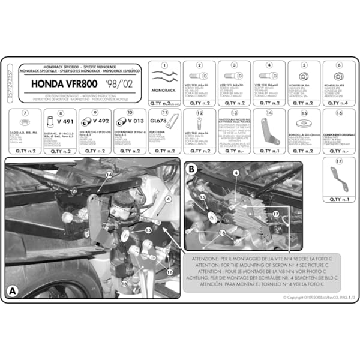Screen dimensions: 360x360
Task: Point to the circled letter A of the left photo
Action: (13, 291)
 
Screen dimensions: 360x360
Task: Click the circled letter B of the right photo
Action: (192, 170)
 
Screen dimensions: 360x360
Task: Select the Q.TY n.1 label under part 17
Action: (339, 200)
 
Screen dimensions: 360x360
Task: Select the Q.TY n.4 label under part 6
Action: (339, 103)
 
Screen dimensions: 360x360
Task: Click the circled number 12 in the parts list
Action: (200, 113)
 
